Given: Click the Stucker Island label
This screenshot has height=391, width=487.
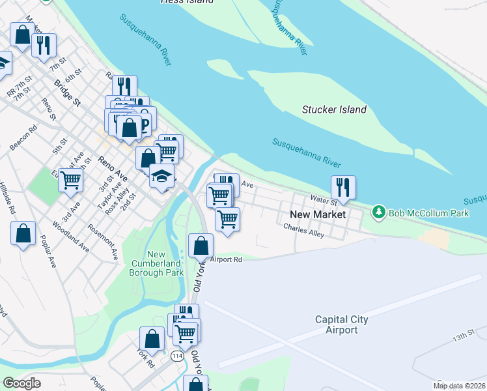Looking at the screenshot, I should (x=334, y=109).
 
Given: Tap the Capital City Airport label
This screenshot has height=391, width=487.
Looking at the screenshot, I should (x=341, y=325).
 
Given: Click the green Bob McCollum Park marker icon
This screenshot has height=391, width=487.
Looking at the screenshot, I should (x=378, y=212).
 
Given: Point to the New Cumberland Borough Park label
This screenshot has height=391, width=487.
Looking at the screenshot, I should (x=156, y=263).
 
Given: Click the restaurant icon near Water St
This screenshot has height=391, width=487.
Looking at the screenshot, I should (x=342, y=187).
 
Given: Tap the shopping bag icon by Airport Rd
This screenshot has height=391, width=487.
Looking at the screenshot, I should (x=201, y=245).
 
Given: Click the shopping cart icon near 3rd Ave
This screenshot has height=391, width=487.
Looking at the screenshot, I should (x=70, y=179).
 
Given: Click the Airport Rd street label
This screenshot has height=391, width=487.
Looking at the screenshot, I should (x=226, y=259).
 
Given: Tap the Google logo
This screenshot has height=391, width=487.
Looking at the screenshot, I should (x=21, y=383).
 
